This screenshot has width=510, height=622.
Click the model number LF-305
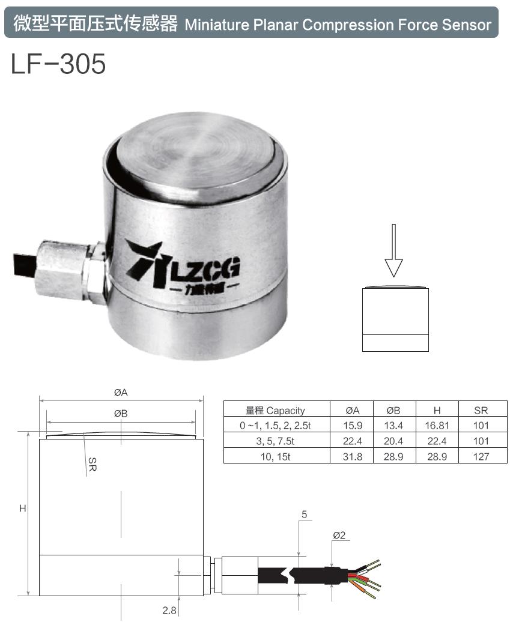coord(58,64)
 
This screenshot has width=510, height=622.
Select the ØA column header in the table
coord(352,411)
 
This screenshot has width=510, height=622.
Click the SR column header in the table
coord(481,411)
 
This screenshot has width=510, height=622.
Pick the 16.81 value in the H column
coord(437,426)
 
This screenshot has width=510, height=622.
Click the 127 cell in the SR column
coord(481,456)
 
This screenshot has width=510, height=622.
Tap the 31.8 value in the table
coord(352,456)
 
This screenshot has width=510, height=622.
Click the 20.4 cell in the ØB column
coord(393,441)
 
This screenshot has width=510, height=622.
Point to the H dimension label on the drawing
coord(22,509)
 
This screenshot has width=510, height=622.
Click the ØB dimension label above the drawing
coord(121,413)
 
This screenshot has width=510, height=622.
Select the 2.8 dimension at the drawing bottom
coord(169,611)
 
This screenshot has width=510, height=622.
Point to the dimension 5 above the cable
coord(305,515)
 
